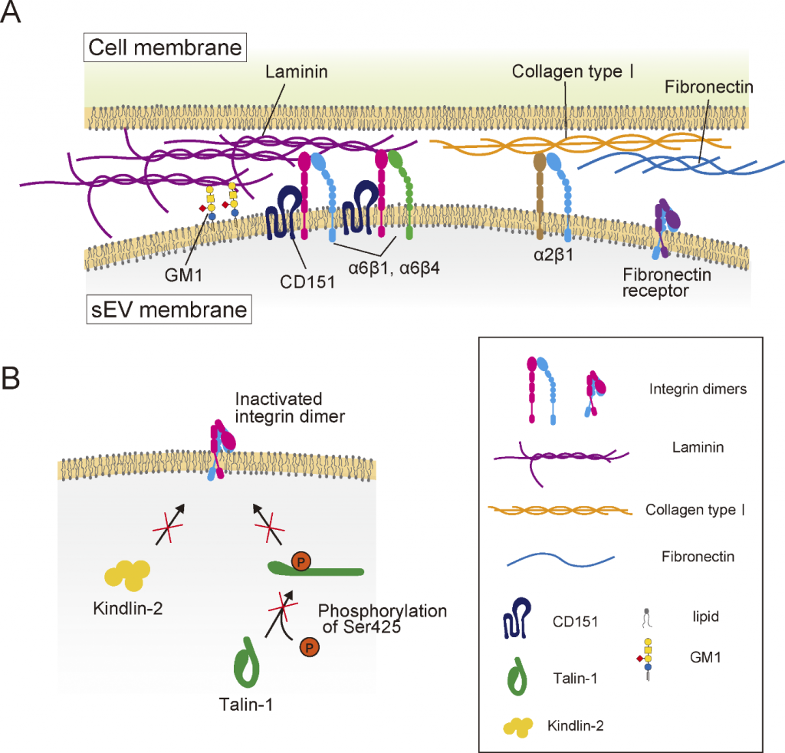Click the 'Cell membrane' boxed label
pos(165,48)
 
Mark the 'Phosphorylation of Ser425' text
pos(382,620)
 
